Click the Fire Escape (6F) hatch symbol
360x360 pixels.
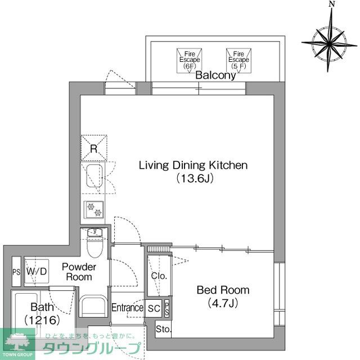pos(189,59)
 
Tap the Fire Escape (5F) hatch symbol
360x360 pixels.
pos(237,59)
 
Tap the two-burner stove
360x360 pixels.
pos(93,209)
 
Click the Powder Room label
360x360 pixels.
pos(79,272)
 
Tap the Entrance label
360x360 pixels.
pos(127,308)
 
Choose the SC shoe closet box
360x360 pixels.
pos(154,308)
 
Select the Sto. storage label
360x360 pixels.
pos(163,329)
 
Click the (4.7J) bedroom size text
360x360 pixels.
pos(222,304)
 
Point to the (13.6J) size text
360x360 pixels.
pos(193,178)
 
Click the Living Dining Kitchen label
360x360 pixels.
pos(193,165)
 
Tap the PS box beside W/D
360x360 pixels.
pos(16,272)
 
